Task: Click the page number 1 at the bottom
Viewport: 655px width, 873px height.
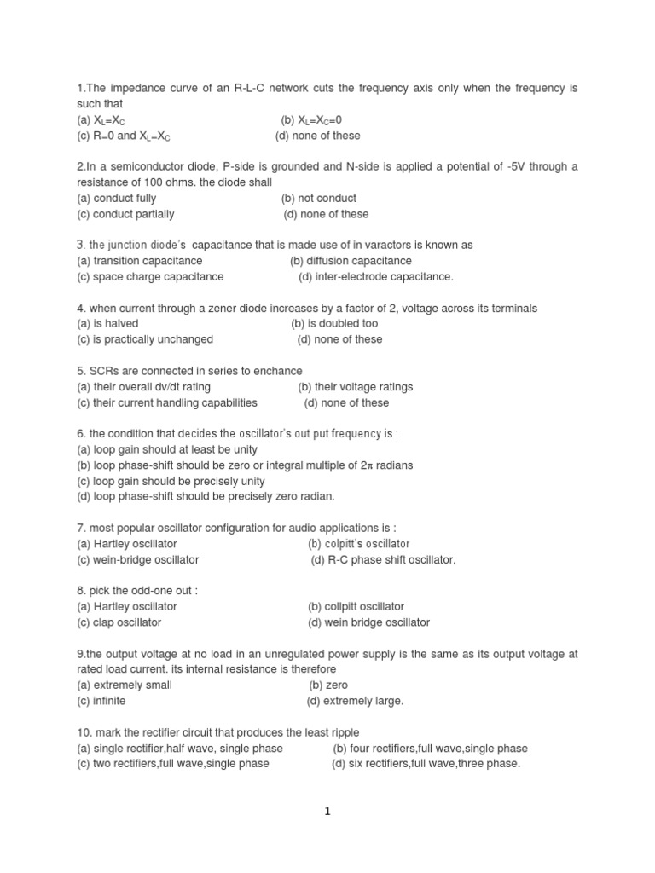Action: [x=327, y=812]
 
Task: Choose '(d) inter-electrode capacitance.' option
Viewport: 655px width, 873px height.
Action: [x=376, y=277]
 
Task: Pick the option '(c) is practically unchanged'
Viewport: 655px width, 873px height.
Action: [x=145, y=339]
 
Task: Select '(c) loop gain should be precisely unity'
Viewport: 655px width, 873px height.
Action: [x=171, y=482]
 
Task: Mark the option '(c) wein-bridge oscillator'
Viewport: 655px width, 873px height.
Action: [x=137, y=560]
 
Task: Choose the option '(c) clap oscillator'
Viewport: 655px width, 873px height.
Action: [x=119, y=623]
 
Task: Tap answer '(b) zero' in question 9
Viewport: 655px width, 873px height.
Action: [x=328, y=685]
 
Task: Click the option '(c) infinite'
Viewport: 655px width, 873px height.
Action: [x=101, y=701]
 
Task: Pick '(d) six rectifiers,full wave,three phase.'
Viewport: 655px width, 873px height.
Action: [x=426, y=764]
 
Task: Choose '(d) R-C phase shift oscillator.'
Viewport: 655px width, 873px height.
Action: [x=384, y=560]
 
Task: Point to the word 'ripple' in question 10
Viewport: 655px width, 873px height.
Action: [x=344, y=732]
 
